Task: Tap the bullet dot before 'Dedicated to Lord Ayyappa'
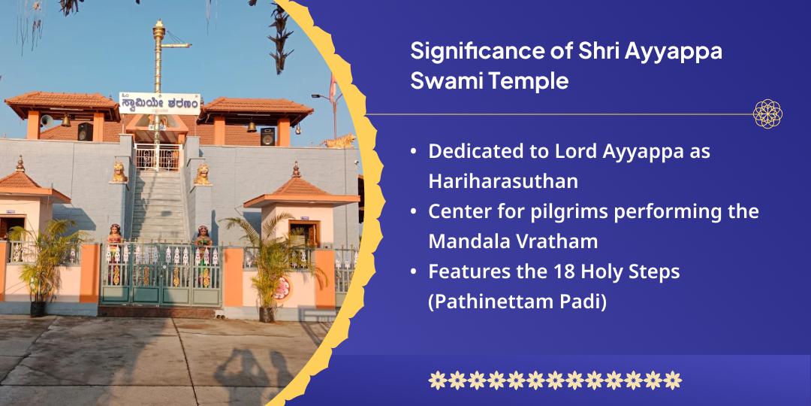pos(414,151)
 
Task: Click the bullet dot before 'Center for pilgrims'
pos(414,212)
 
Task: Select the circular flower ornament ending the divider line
pos(767,114)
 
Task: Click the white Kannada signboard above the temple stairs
pos(159,105)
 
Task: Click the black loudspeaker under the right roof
pos(267,135)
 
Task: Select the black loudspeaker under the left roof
pos(85,132)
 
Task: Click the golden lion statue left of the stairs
pos(119,172)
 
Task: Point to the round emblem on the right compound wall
pos(283,287)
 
